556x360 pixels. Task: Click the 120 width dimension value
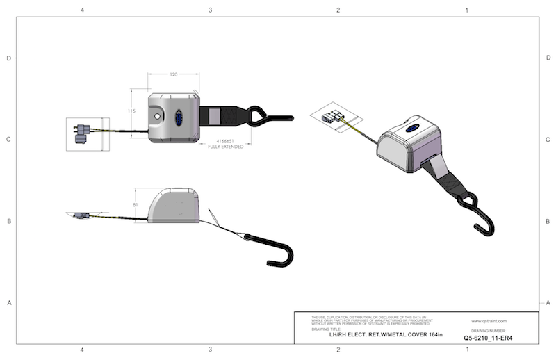(172, 74)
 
